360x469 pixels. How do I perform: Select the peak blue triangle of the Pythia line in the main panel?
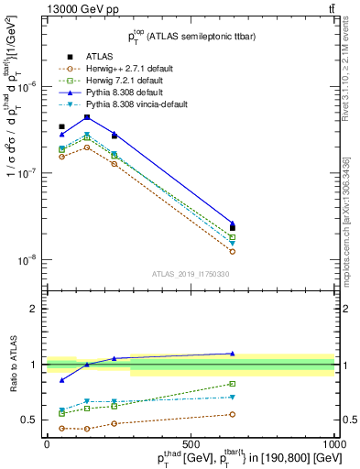click(x=87, y=117)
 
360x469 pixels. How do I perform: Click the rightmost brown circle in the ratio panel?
click(x=233, y=414)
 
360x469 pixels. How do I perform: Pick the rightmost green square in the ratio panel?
click(x=233, y=384)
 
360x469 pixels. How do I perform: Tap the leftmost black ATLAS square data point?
click(x=61, y=126)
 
